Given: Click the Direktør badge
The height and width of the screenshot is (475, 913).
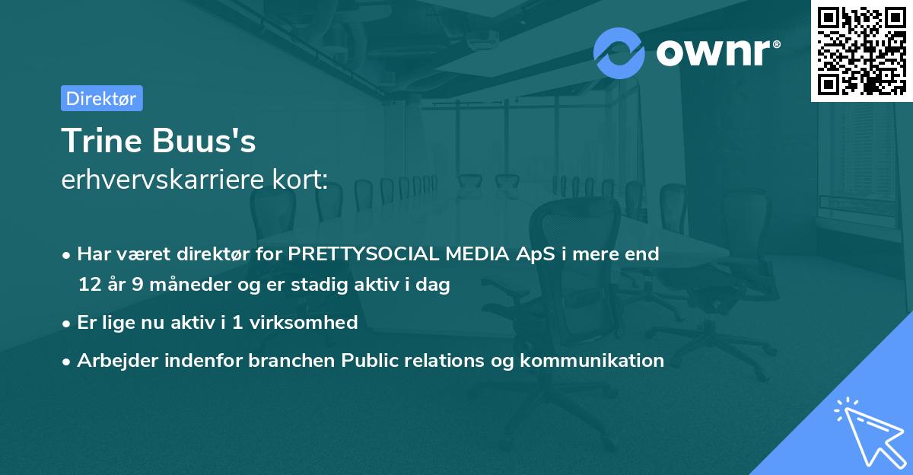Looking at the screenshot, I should (101, 98).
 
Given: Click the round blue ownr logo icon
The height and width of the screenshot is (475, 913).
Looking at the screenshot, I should (619, 53).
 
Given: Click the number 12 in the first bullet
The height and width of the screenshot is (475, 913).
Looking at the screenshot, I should (89, 285).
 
